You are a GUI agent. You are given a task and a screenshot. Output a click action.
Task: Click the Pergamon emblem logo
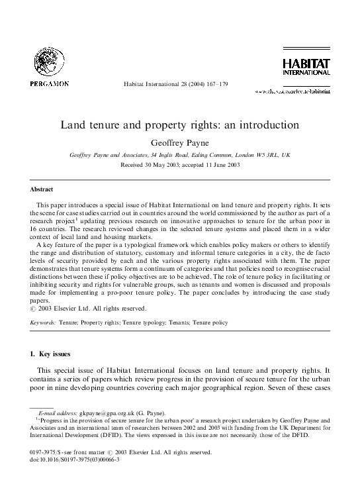(x=48, y=63)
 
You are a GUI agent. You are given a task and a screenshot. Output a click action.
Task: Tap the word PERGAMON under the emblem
(x=48, y=84)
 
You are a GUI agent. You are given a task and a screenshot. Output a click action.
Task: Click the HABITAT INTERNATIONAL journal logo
(x=302, y=68)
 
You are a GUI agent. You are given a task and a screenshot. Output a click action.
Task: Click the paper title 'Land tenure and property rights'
(x=180, y=124)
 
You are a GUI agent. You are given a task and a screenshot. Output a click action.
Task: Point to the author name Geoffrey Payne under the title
(x=180, y=141)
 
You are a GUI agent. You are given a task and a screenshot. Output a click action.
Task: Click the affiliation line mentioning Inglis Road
(x=180, y=154)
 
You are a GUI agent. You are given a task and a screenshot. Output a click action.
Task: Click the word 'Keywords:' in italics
(x=43, y=323)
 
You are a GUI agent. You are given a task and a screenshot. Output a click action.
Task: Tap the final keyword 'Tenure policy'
(x=211, y=323)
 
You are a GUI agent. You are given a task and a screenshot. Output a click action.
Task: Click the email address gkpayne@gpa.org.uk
(x=104, y=413)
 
